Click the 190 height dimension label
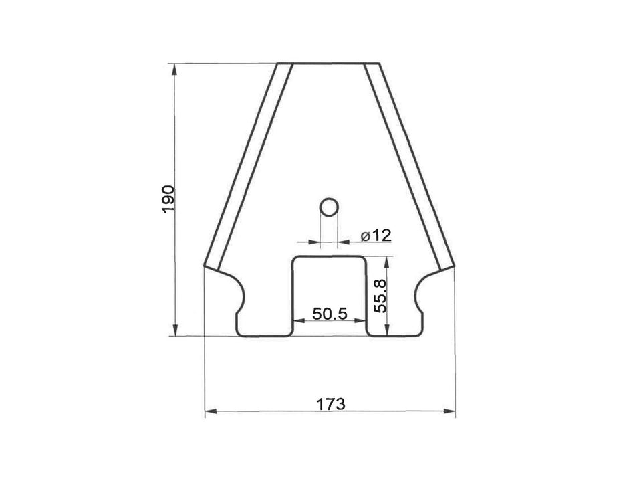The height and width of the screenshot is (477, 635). pyautogui.click(x=168, y=199)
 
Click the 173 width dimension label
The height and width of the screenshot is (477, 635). pyautogui.click(x=330, y=404)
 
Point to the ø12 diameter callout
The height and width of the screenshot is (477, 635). pyautogui.click(x=375, y=235)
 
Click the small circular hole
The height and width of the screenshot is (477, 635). pyautogui.click(x=328, y=207)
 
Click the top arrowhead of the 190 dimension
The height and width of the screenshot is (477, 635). pyautogui.click(x=176, y=68)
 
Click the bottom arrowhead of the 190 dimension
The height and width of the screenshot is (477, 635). pyautogui.click(x=176, y=331)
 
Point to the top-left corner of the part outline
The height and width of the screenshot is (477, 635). pyautogui.click(x=277, y=64)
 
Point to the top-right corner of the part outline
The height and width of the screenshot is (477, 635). pyautogui.click(x=380, y=64)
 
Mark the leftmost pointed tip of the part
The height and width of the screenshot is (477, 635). pyautogui.click(x=203, y=266)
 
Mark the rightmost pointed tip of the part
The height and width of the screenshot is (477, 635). pyautogui.click(x=455, y=266)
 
